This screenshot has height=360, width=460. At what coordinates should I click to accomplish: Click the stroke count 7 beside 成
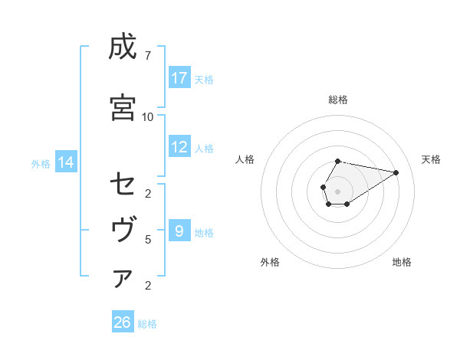click(x=147, y=55)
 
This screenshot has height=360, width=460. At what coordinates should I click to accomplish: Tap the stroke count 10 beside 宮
click(x=147, y=116)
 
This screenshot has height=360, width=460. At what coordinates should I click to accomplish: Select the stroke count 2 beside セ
click(x=147, y=193)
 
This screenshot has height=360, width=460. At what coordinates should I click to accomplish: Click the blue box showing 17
click(x=179, y=78)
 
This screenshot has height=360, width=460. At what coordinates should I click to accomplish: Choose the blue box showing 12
click(x=179, y=148)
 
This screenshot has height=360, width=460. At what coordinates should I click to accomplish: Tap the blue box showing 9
click(x=179, y=231)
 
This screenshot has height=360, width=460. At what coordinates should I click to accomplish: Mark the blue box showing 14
click(x=65, y=162)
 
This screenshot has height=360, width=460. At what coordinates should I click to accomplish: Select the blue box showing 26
click(x=123, y=322)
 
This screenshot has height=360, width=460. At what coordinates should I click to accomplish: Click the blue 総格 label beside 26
click(x=147, y=324)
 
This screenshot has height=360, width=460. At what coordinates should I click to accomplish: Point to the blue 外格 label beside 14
click(x=41, y=163)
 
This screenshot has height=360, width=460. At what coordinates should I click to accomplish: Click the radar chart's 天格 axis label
click(x=431, y=159)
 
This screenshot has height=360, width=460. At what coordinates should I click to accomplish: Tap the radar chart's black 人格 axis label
click(x=245, y=159)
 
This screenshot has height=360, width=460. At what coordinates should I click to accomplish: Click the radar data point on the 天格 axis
click(x=396, y=172)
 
